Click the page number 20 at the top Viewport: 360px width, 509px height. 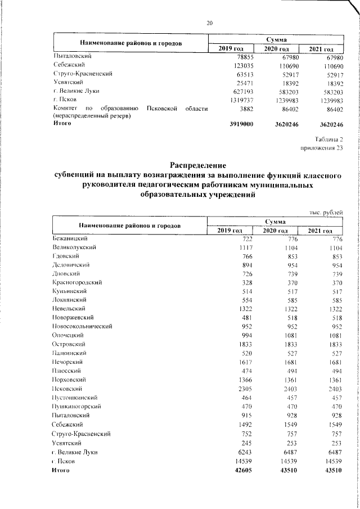click(x=209, y=23)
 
